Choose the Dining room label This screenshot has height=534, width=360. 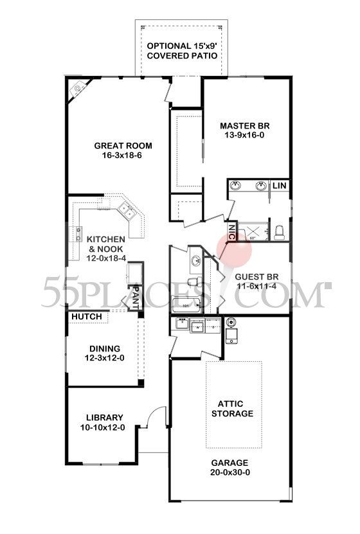(x=105, y=349)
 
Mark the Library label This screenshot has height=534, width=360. (x=102, y=417)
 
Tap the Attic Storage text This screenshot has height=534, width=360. (x=232, y=407)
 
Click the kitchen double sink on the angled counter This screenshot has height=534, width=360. (x=126, y=210)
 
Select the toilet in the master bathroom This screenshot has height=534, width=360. (x=278, y=231)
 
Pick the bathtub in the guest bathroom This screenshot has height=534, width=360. (x=186, y=305)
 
